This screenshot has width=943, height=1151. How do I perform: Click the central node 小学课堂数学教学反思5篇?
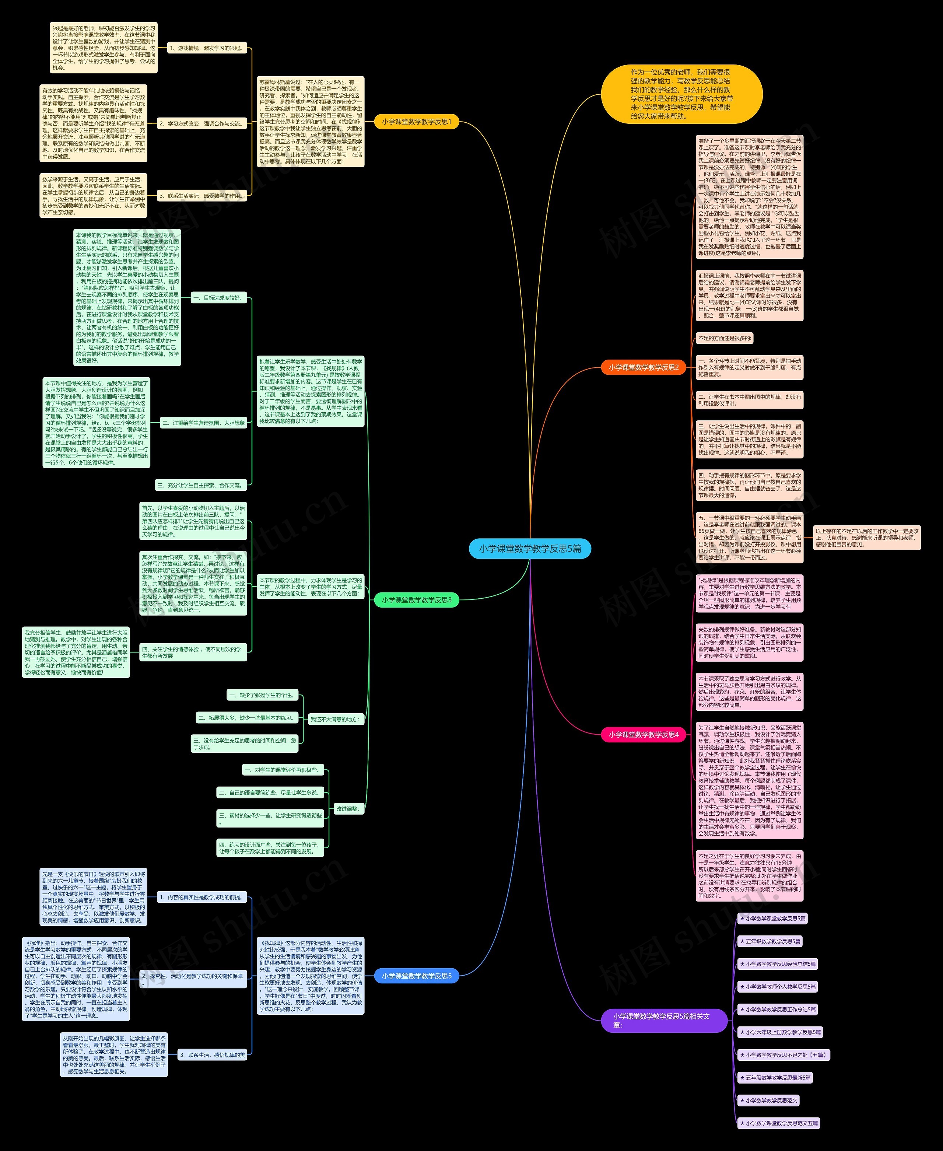pyautogui.click(x=530, y=549)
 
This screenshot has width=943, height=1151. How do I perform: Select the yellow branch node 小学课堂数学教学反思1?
pyautogui.click(x=416, y=122)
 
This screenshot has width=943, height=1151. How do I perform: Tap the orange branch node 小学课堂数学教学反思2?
pyautogui.click(x=643, y=368)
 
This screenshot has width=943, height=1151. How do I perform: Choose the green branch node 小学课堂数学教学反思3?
pyautogui.click(x=416, y=600)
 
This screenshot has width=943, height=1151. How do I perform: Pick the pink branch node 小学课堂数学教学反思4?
pyautogui.click(x=643, y=734)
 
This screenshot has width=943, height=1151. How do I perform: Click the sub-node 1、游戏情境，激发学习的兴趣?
pyautogui.click(x=206, y=48)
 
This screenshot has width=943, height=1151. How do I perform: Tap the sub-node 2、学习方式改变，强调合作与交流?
pyautogui.click(x=201, y=124)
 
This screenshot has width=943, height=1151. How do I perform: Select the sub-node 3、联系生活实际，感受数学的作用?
pyautogui.click(x=201, y=196)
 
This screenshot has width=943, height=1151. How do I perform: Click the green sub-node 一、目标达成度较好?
pyautogui.click(x=219, y=298)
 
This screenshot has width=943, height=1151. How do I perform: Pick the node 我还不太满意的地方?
pyautogui.click(x=334, y=719)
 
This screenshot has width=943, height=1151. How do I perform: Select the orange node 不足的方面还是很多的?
pyautogui.click(x=725, y=338)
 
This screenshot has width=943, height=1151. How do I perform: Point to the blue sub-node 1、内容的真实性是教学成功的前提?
pyautogui.click(x=201, y=898)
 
